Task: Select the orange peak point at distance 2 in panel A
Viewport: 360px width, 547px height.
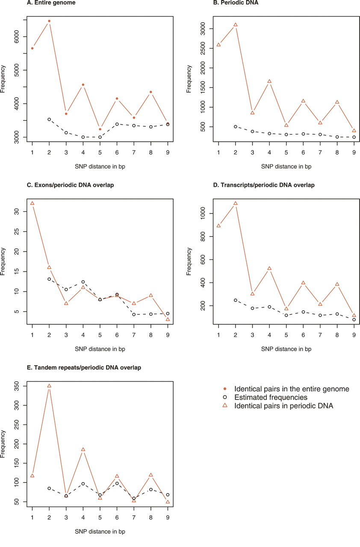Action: click(x=49, y=21)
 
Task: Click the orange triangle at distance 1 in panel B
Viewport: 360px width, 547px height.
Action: click(x=218, y=44)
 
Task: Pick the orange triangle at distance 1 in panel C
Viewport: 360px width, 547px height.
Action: click(x=32, y=203)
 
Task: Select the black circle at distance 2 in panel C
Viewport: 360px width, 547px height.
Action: click(x=49, y=279)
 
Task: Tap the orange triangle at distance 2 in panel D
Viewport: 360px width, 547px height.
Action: click(x=236, y=203)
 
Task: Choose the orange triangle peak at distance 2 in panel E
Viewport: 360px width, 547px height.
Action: click(x=49, y=386)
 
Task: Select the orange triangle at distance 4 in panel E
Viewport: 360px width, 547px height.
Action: click(x=83, y=450)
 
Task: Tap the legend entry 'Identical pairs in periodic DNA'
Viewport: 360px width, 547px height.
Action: click(x=283, y=406)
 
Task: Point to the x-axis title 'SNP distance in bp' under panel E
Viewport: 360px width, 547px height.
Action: click(x=100, y=532)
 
